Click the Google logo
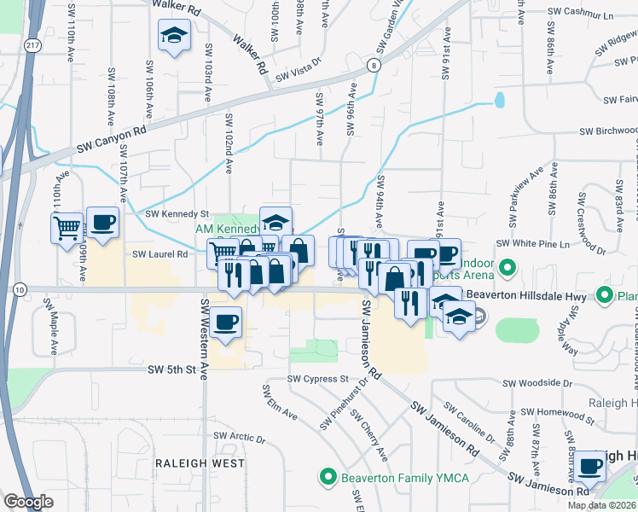click(x=28, y=502)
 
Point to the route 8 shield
click(x=374, y=65)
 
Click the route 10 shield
click(x=18, y=290)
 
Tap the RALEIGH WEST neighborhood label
click(x=199, y=463)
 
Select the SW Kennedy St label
click(x=177, y=214)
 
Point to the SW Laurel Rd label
click(x=159, y=253)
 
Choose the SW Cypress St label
click(x=319, y=378)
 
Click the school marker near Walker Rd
click(x=173, y=37)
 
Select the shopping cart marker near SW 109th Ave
click(x=67, y=228)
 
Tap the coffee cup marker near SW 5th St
click(x=226, y=323)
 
